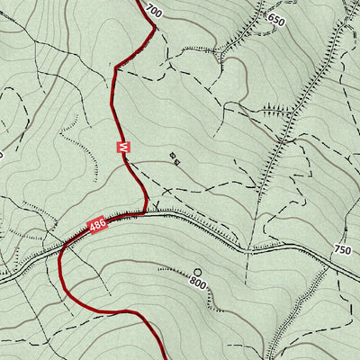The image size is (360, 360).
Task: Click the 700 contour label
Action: tap(152, 12)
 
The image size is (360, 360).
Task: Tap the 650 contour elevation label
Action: tap(275, 20)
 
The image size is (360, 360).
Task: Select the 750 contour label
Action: tap(342, 250)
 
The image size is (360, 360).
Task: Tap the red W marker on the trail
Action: tap(123, 146)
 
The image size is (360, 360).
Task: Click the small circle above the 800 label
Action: tap(198, 271)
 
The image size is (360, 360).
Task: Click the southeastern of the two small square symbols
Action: tap(177, 162)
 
